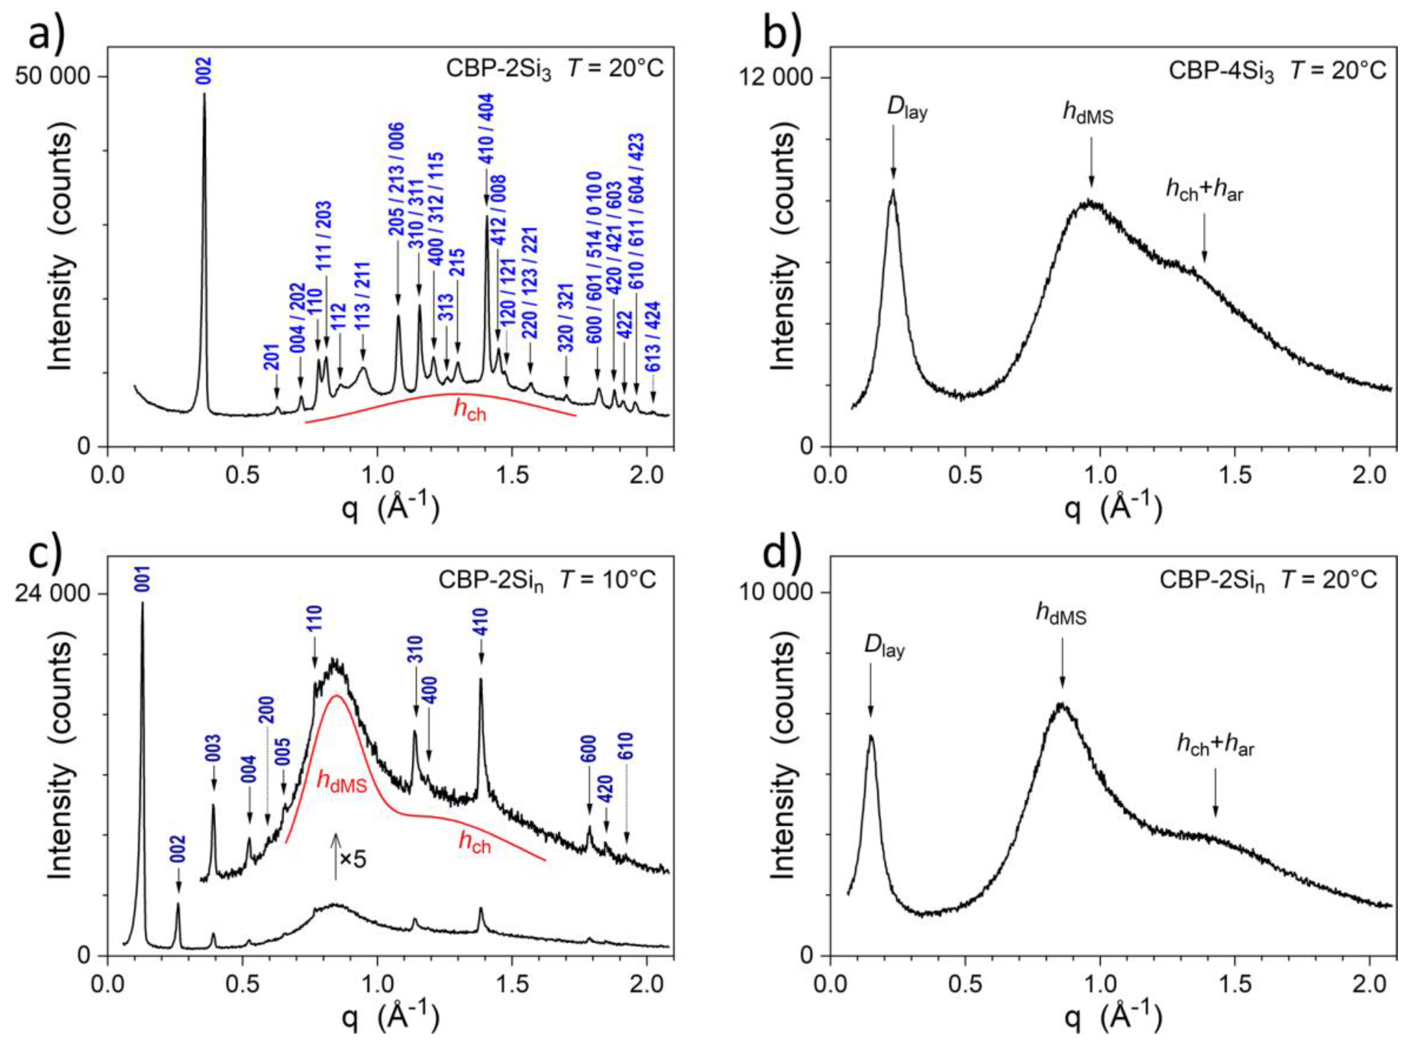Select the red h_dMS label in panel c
point(342,783)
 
